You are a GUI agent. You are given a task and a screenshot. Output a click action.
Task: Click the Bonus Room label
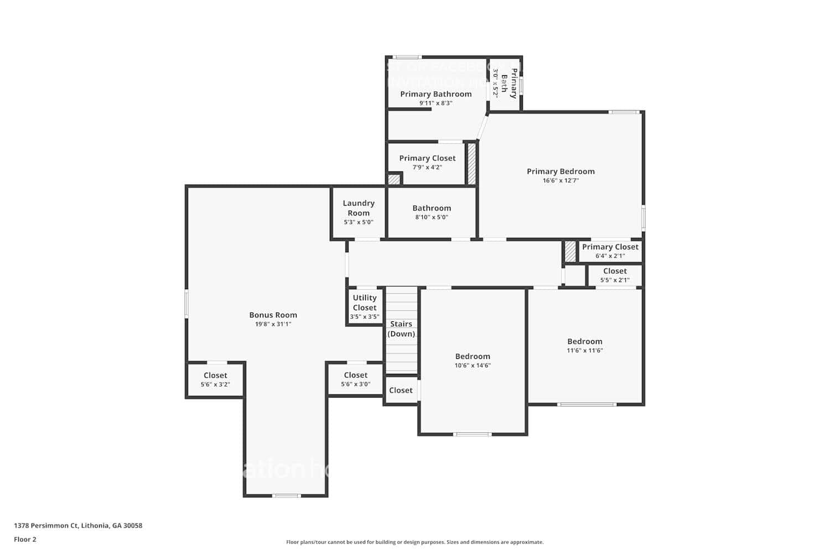273,315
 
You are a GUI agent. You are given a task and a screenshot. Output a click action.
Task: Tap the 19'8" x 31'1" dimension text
273,325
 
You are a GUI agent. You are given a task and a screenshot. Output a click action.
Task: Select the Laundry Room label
359,208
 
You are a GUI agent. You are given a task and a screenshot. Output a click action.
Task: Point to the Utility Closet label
365,302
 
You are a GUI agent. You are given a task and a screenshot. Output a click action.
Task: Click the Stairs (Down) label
401,328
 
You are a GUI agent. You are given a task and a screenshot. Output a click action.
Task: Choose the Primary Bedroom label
561,171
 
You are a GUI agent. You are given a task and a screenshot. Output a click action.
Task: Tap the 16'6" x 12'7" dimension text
561,181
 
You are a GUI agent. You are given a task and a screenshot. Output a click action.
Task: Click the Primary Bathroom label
436,94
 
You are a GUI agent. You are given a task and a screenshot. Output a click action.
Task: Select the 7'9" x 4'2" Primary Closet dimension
427,168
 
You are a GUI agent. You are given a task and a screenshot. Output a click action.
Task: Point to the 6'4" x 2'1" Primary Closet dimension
610,256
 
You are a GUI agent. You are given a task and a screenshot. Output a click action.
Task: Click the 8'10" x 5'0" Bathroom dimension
432,217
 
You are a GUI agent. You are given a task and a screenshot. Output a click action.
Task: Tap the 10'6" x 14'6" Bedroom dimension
473,366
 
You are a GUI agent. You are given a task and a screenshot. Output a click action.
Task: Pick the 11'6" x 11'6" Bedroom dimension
585,351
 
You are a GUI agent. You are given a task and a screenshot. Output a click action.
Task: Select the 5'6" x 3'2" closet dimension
215,384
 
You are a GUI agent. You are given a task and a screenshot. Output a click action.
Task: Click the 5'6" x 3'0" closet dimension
356,384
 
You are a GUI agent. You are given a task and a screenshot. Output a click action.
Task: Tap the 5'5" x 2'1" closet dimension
615,280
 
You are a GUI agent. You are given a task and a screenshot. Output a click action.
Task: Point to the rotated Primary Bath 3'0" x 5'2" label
505,84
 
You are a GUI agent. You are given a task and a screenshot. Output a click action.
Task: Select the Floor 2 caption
25,540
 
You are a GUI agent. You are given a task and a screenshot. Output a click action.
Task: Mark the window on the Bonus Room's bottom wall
287,495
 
